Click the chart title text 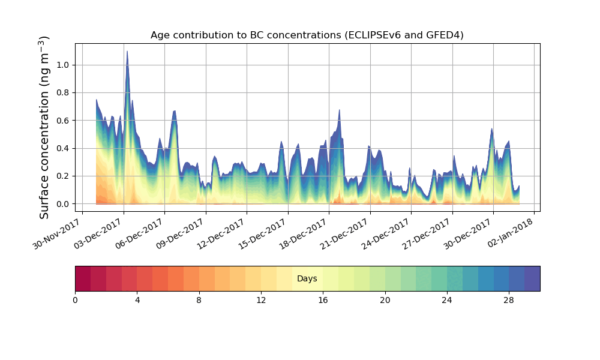[x=307, y=35]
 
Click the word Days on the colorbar [x=307, y=279]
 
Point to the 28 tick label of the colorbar [x=509, y=300]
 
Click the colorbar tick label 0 [x=75, y=300]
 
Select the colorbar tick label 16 [x=323, y=300]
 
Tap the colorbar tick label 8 [x=199, y=300]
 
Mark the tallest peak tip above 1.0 [x=127, y=52]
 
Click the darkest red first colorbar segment [x=83, y=278]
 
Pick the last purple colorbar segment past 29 [x=532, y=278]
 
